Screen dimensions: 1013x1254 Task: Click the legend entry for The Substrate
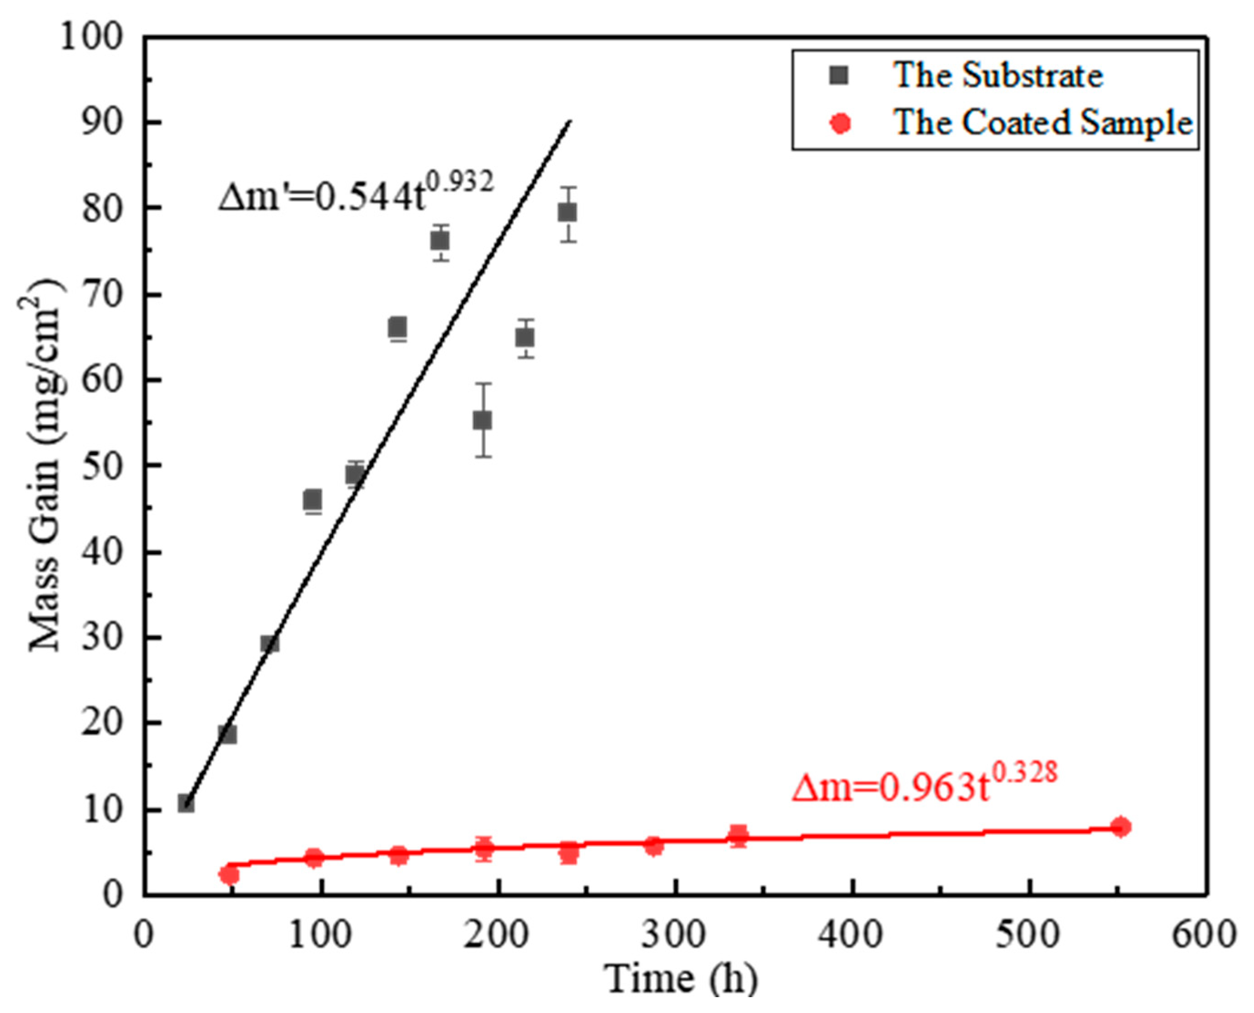[x=997, y=76]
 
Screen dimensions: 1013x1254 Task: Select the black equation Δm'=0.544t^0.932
[x=356, y=192]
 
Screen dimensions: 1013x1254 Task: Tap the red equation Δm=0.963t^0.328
[x=924, y=785]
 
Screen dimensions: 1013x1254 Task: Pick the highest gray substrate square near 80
[x=567, y=213]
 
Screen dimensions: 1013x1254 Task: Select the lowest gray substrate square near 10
[x=186, y=804]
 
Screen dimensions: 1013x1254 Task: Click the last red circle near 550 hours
[x=1120, y=827]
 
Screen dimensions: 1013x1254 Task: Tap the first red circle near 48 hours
[x=229, y=875]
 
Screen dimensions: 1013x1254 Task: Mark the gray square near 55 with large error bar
[x=482, y=420]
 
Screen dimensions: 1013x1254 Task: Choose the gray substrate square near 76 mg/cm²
[x=440, y=240]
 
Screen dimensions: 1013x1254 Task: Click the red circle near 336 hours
[x=738, y=835]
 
